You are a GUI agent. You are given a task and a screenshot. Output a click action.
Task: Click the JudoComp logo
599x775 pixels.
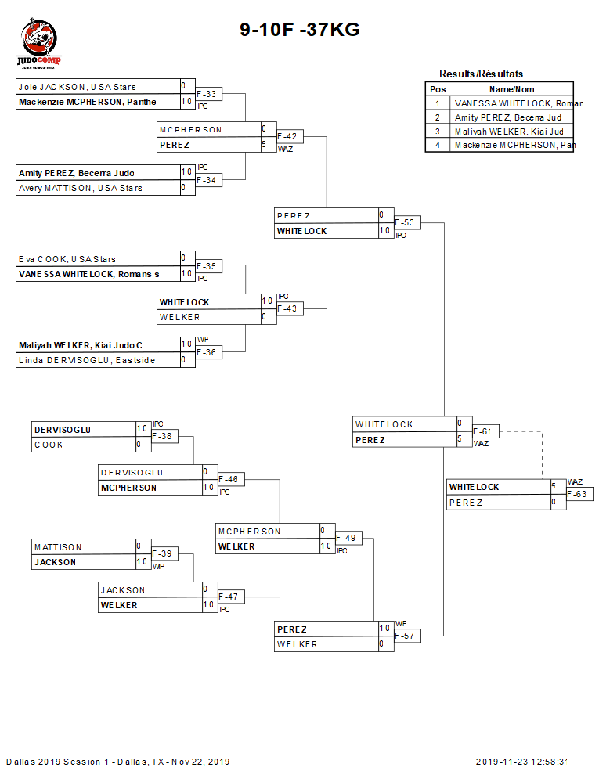pos(38,45)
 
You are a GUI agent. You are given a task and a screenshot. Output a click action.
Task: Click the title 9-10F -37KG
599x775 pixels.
pos(299,30)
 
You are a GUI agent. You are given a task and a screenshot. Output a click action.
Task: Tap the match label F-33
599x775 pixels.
pos(207,94)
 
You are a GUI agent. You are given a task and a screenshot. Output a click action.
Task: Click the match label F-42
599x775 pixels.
pos(287,136)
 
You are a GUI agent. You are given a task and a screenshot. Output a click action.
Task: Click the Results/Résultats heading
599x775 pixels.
pos(481,74)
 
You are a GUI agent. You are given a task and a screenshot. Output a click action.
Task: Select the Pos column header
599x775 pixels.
pos(438,89)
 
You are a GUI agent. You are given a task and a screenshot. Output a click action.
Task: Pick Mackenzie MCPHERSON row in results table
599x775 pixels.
pos(514,146)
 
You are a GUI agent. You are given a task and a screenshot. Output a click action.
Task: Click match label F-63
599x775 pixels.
pos(577,494)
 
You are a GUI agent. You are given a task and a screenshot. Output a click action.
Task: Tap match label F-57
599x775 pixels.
pos(406,636)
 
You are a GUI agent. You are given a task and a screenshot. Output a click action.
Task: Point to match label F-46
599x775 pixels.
pos(229,479)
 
